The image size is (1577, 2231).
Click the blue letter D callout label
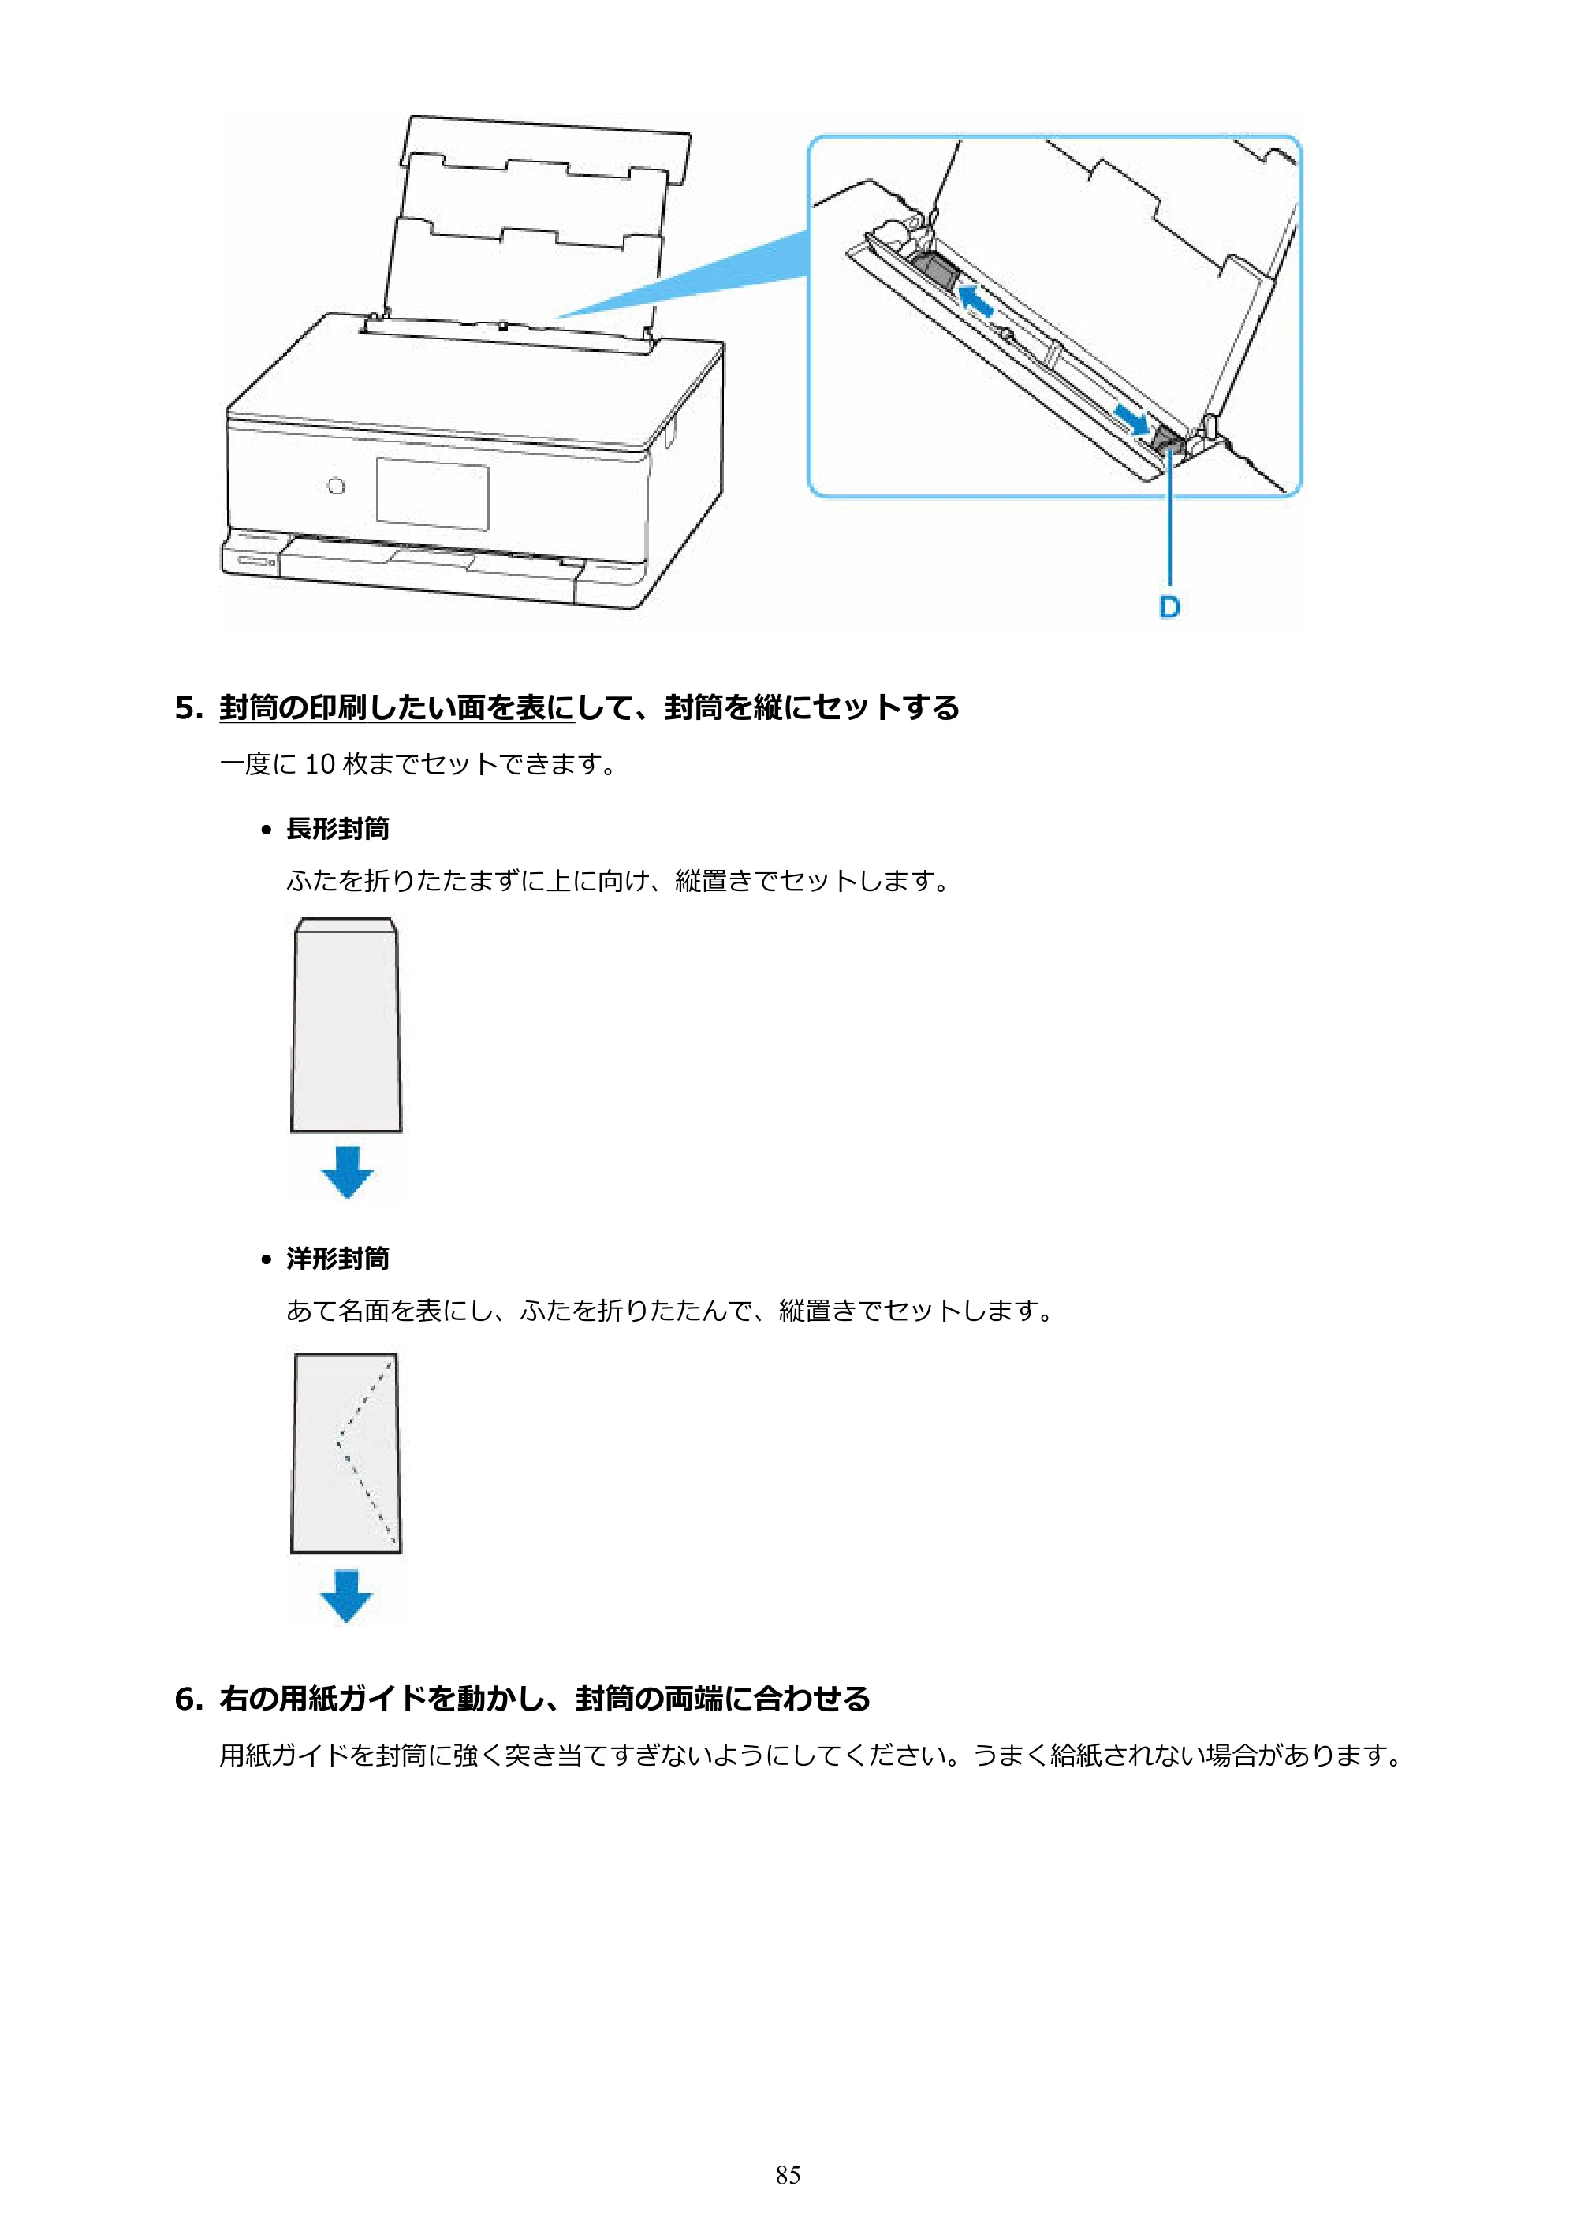(1170, 607)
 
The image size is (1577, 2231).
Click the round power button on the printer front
(336, 486)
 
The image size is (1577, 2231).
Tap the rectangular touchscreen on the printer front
(432, 494)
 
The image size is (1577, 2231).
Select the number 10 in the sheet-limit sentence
(319, 765)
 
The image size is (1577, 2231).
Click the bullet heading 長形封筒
(337, 829)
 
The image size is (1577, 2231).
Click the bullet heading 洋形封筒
(337, 1259)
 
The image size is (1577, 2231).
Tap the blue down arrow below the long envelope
(347, 1172)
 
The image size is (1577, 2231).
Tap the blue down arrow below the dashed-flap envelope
(347, 1596)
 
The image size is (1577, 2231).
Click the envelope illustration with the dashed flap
(346, 1453)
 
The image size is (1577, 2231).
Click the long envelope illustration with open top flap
(346, 1025)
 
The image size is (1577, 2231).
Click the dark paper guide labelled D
(1168, 444)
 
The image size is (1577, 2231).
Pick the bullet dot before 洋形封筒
(267, 1260)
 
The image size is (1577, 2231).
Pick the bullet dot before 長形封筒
(267, 830)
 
